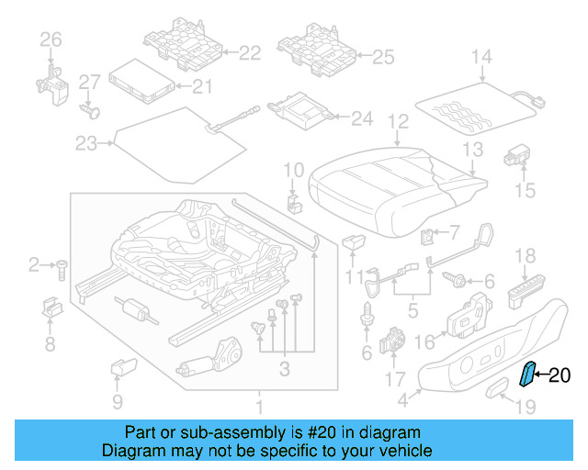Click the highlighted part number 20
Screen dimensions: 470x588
coord(560,374)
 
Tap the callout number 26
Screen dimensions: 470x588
coord(50,39)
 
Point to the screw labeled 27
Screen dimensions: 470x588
coord(89,110)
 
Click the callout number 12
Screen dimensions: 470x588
coord(397,120)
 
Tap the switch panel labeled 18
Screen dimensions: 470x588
coord(526,293)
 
